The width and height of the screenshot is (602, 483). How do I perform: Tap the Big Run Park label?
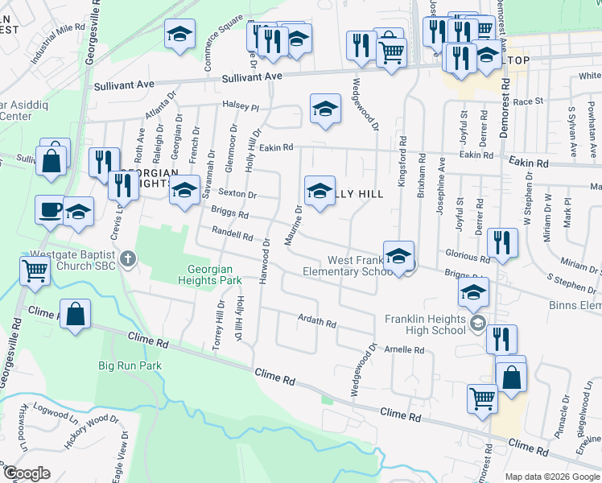130,365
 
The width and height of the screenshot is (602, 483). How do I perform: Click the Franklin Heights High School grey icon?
478,324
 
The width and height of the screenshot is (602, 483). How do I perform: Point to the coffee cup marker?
49,210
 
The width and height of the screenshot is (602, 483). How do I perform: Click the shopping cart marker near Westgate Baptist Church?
35,271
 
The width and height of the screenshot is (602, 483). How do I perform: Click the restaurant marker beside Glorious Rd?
501,242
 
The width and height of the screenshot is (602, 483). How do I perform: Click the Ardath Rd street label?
316,323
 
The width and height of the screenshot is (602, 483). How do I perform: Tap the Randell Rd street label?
233,234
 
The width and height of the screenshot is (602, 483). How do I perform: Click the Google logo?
28,473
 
